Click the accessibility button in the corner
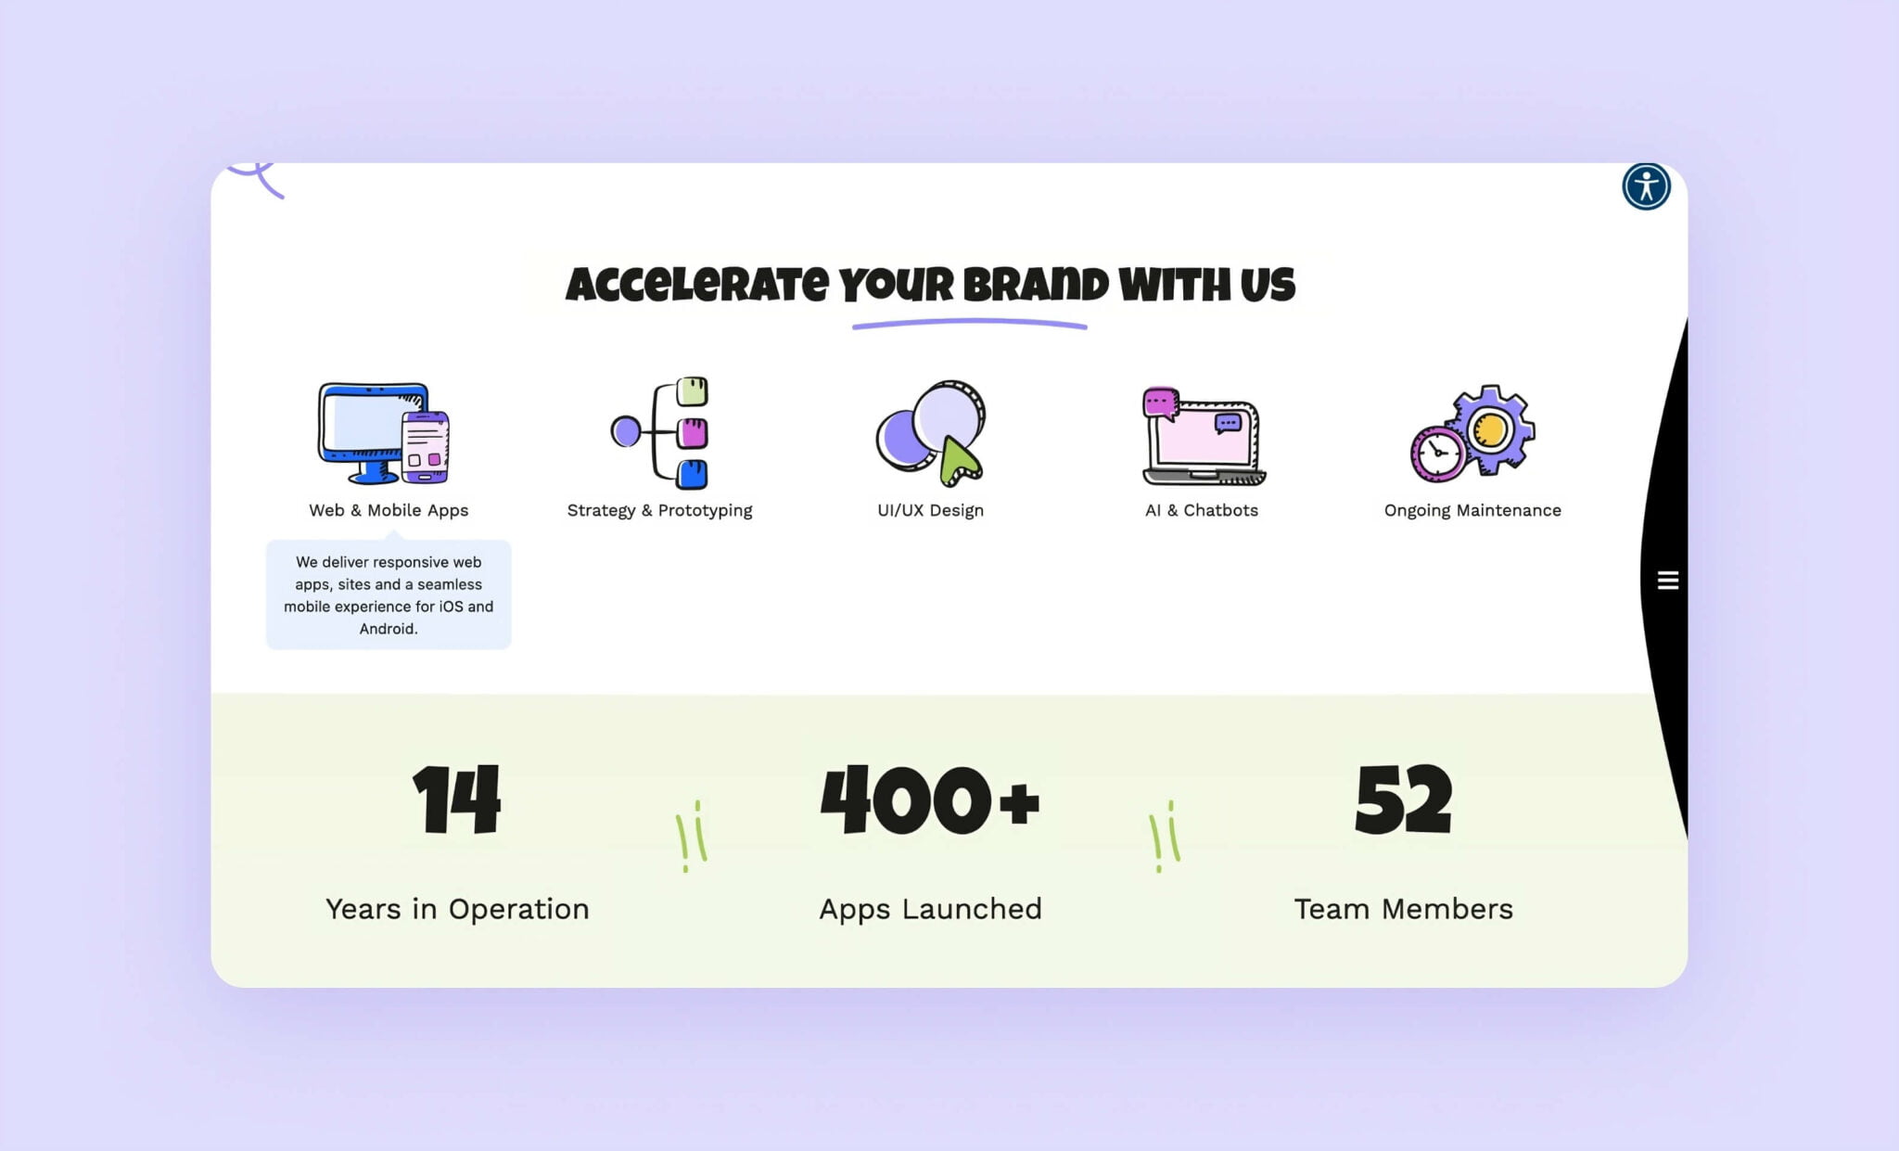pyautogui.click(x=1646, y=186)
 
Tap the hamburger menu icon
pyautogui.click(x=1667, y=581)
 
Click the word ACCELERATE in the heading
pyautogui.click(x=697, y=285)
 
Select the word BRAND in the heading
pyautogui.click(x=1036, y=285)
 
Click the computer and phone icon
pyautogui.click(x=384, y=432)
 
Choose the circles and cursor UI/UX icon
pyautogui.click(x=931, y=433)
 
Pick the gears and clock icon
pyautogui.click(x=1472, y=433)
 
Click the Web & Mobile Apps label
pyautogui.click(x=389, y=510)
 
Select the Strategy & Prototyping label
pyautogui.click(x=659, y=510)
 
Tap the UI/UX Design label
pyautogui.click(x=930, y=510)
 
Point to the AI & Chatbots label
pyautogui.click(x=1201, y=510)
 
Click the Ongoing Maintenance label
pyautogui.click(x=1472, y=510)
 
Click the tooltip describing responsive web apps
pyautogui.click(x=389, y=595)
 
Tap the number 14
pyautogui.click(x=457, y=800)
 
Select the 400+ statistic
pyautogui.click(x=930, y=800)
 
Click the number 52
pyautogui.click(x=1403, y=800)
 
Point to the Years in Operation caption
pyautogui.click(x=457, y=909)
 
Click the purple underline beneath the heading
pyautogui.click(x=969, y=324)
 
